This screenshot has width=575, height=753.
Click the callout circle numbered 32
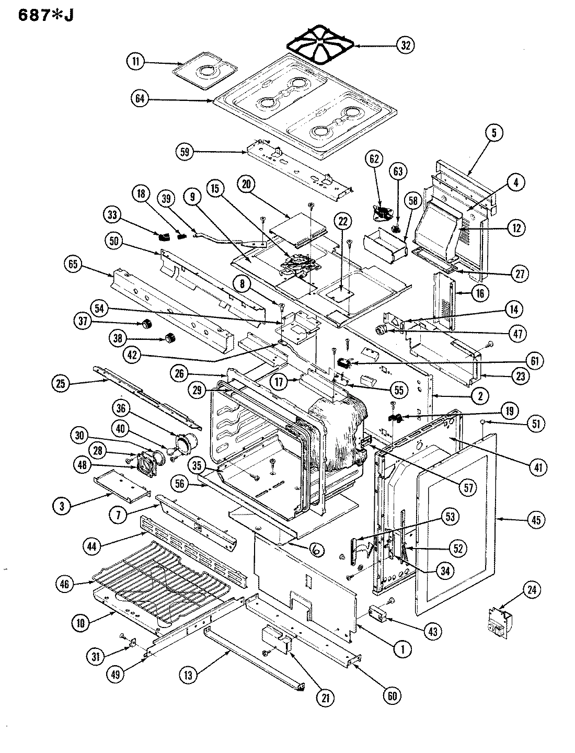pyautogui.click(x=405, y=45)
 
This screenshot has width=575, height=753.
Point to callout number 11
pyautogui.click(x=135, y=61)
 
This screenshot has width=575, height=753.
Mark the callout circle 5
pyautogui.click(x=493, y=133)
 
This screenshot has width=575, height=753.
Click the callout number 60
pyautogui.click(x=393, y=695)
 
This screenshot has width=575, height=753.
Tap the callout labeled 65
pyautogui.click(x=73, y=265)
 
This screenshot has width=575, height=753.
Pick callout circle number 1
pyautogui.click(x=402, y=649)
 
